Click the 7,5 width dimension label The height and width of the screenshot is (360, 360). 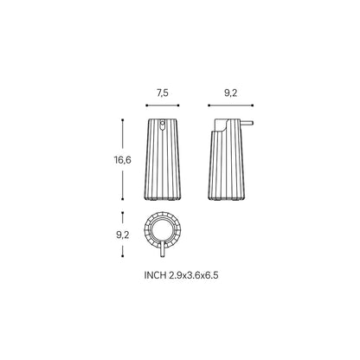point(163,93)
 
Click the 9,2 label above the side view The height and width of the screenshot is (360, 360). point(230,93)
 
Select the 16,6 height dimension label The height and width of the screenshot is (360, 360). point(122,159)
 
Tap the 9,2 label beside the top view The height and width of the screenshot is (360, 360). point(123,235)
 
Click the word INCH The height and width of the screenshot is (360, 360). point(155,275)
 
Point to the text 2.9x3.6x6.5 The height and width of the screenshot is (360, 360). point(194,275)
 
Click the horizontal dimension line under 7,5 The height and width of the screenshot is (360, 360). point(163,106)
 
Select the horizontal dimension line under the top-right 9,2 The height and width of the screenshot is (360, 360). point(230,106)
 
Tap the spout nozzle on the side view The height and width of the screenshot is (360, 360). point(247,123)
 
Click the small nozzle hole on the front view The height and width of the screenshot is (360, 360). point(163,125)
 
